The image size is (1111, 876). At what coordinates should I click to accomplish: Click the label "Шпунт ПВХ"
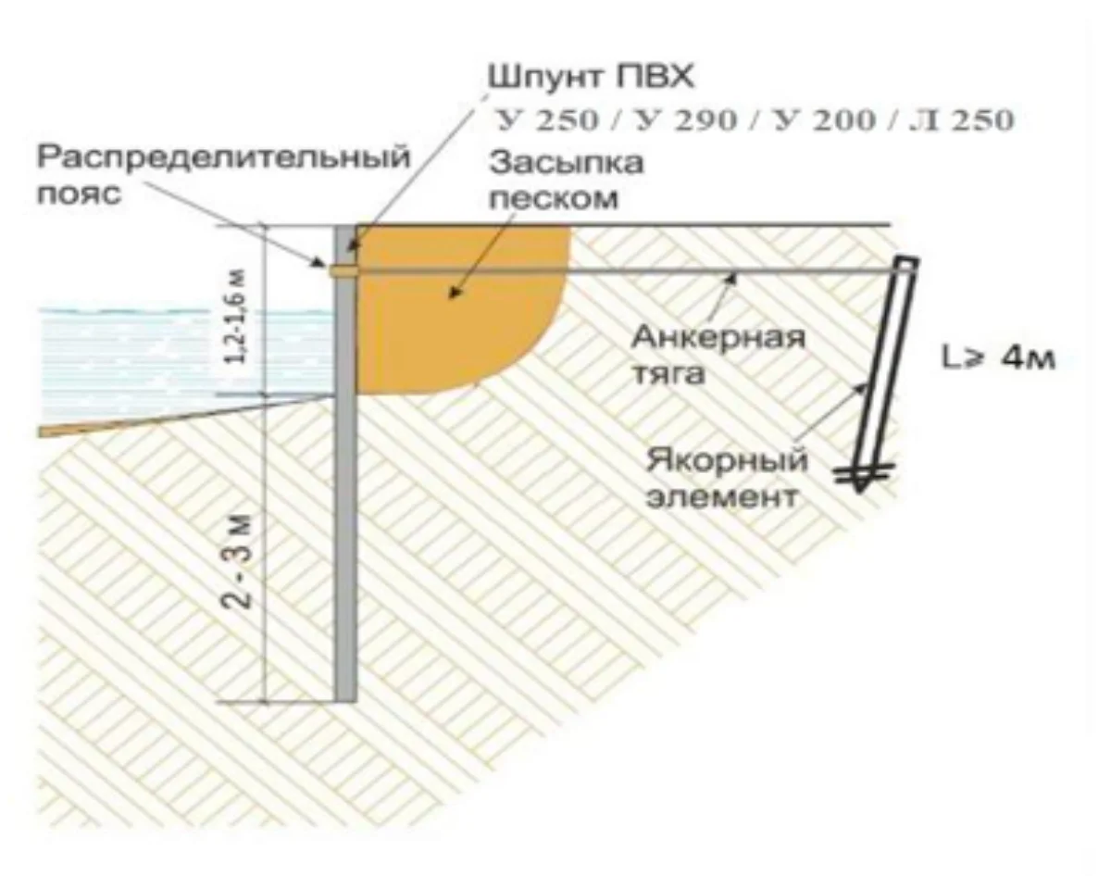point(592,79)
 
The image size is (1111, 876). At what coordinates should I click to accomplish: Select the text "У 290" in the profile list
point(686,121)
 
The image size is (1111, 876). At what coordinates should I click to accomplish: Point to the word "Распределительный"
point(224,157)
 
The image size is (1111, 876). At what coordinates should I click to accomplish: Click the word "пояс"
point(79,194)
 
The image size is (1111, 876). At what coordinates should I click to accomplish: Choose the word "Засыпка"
point(567,163)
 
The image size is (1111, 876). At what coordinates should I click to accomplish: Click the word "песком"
point(554,198)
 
